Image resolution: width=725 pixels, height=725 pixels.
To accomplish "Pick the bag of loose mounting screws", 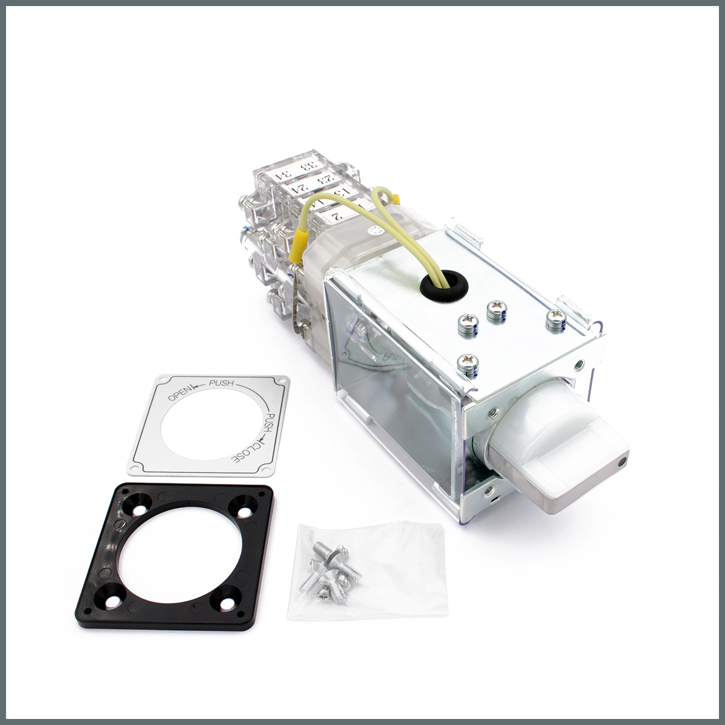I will click(x=327, y=568).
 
